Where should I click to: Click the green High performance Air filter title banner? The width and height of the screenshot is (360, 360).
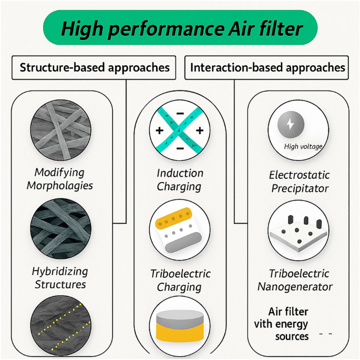180,27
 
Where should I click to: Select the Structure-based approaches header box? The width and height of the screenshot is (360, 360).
94,67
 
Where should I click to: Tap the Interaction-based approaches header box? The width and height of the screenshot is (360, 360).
266,67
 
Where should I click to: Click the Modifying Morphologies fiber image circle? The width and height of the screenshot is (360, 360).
60,130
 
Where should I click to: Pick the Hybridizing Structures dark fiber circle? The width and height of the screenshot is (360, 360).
60,229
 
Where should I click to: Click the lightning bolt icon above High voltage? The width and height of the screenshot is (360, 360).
291,124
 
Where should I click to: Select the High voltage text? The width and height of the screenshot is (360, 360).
303,147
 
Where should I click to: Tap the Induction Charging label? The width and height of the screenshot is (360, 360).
180,180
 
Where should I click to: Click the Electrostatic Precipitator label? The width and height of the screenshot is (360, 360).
300,182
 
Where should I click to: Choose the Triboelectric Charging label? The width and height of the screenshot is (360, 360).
180,280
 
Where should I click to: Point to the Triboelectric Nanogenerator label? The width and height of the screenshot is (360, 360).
295,280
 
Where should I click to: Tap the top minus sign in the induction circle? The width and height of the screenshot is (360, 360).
180,113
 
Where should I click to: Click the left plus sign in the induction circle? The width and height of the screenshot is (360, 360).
160,131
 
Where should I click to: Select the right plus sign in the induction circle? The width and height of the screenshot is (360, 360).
200,130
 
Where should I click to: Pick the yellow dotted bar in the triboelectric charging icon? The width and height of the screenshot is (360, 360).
173,218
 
